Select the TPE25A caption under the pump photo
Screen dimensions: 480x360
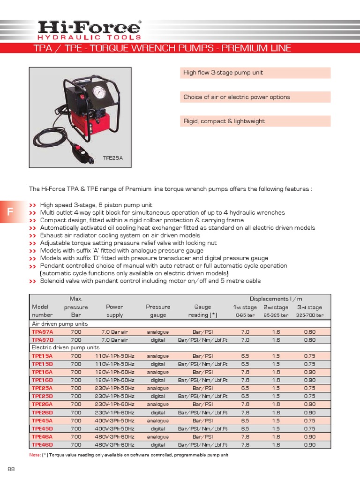112,158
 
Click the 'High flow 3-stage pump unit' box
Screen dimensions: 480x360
255,73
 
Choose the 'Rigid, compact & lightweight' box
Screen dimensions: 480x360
255,121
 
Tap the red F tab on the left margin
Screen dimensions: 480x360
10,212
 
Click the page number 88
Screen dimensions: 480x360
11,469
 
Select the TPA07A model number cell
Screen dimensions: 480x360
42,331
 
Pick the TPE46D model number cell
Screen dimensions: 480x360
42,444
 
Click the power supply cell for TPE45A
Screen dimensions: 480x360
115,420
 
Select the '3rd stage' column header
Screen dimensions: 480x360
309,307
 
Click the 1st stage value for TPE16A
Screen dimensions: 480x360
245,372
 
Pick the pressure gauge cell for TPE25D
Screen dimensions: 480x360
158,396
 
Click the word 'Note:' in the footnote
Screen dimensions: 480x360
35,455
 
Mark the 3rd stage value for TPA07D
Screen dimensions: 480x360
309,339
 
